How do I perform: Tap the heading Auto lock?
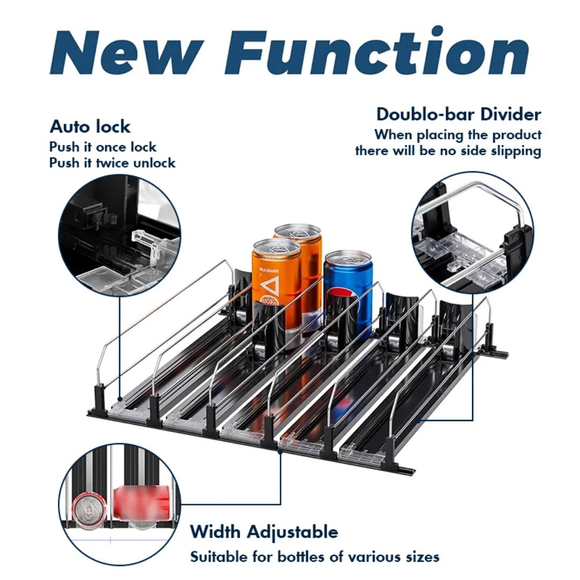click(x=90, y=127)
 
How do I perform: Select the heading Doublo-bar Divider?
click(x=459, y=114)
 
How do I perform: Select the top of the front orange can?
click(x=277, y=247)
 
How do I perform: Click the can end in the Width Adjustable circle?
click(x=89, y=511)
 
